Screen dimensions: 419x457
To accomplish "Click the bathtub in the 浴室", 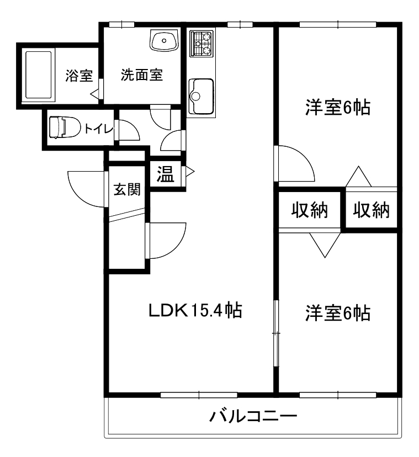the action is [x=39, y=76].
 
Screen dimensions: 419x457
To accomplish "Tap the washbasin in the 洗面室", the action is [x=164, y=40].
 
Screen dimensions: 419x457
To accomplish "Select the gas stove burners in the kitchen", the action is [x=200, y=43].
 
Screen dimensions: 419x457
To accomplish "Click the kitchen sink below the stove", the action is [x=200, y=96].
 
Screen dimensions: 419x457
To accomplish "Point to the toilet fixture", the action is [x=64, y=127].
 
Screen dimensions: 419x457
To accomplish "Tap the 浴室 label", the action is [x=79, y=76].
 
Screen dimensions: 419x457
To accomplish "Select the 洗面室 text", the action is [x=142, y=75].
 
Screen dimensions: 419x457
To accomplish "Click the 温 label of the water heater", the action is [x=165, y=174].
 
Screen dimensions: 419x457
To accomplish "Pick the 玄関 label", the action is [x=127, y=189].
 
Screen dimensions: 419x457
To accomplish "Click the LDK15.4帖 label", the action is [x=195, y=310].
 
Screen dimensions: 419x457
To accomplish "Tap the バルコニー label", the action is [x=253, y=416].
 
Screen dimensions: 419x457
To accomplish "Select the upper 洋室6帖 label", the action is [x=338, y=107].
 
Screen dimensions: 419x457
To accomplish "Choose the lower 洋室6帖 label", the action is [x=338, y=313].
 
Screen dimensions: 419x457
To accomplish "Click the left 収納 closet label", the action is [x=309, y=210].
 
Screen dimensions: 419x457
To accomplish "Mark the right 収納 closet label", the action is [x=371, y=210].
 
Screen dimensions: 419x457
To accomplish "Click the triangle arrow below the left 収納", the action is [x=325, y=245].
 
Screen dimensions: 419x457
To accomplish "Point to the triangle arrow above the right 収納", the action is [x=359, y=177].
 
